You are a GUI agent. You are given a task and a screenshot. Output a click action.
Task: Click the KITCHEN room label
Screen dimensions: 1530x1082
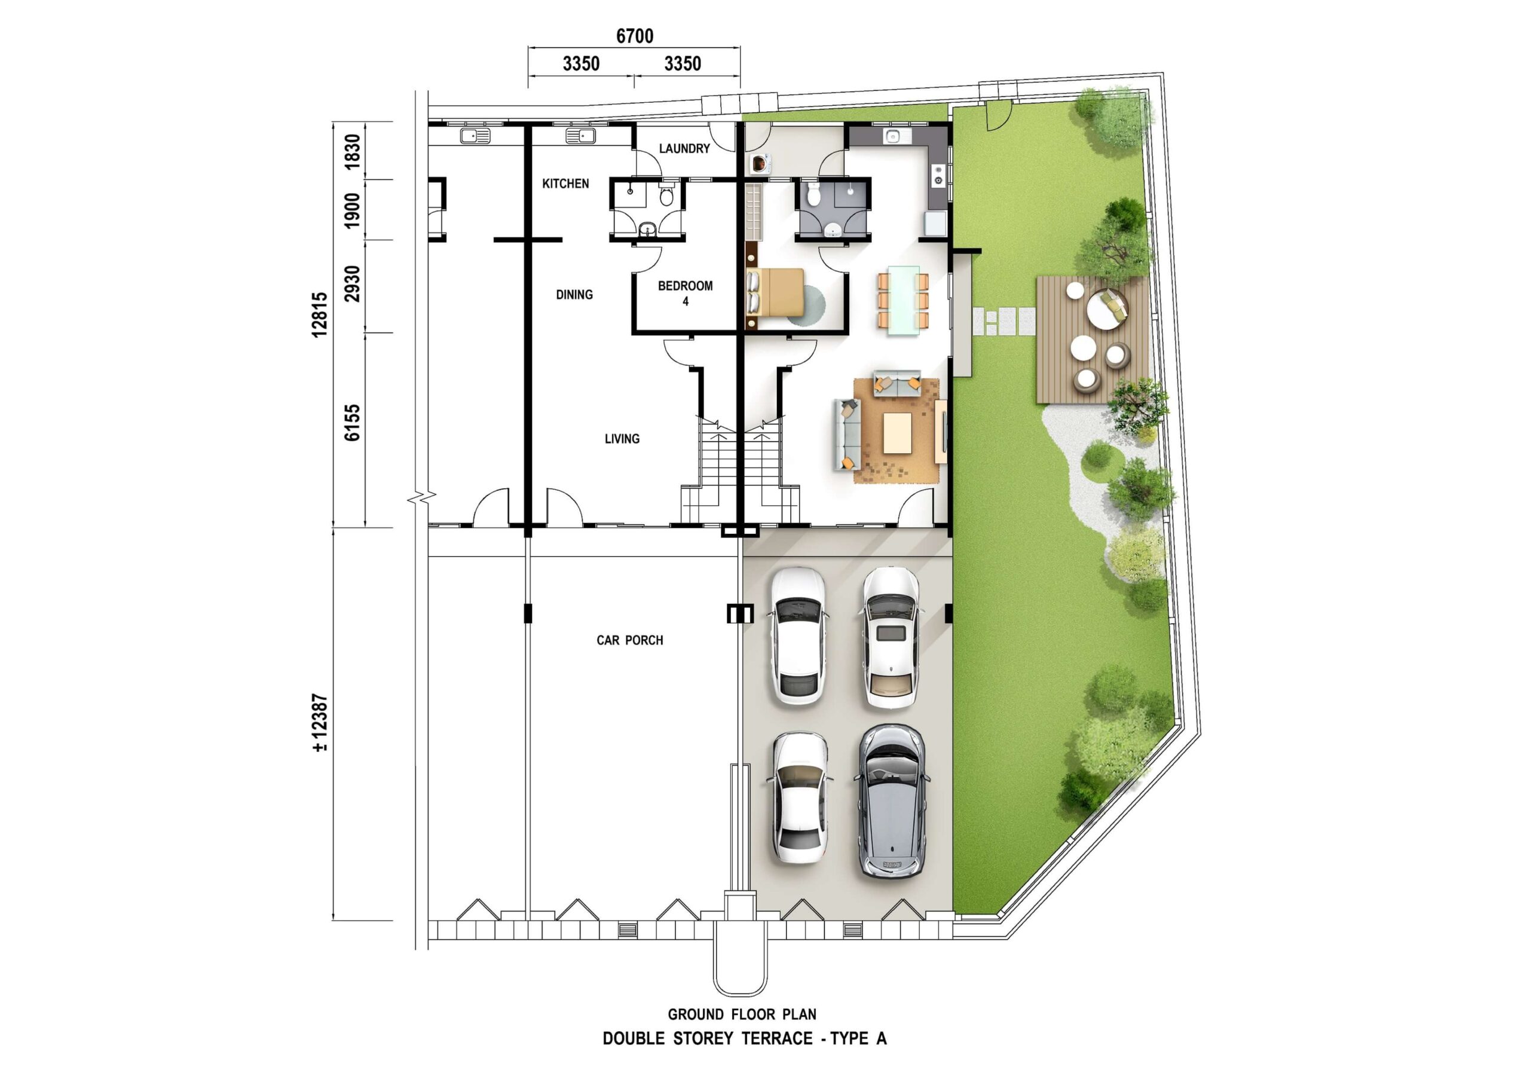[565, 184]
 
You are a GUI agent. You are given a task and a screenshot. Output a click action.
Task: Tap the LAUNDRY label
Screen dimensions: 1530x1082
[684, 148]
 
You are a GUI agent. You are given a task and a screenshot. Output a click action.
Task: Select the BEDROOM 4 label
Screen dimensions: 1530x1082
[685, 294]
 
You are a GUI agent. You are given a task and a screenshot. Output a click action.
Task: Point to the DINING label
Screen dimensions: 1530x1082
[574, 294]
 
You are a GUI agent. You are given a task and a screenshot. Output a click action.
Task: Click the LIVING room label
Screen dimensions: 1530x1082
[622, 439]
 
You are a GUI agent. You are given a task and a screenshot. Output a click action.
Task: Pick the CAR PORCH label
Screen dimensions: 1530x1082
[630, 640]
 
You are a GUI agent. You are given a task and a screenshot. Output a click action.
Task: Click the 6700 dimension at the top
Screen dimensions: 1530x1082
[634, 36]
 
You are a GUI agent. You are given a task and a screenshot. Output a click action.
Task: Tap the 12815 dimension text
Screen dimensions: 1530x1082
[319, 314]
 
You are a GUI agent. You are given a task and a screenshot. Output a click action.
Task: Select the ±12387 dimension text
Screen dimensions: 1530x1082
[319, 723]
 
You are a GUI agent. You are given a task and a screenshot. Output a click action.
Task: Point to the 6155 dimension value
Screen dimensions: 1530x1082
[352, 423]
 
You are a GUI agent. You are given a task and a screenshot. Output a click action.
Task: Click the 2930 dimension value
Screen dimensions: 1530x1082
[352, 284]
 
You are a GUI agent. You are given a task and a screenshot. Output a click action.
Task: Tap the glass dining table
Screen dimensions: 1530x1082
[903, 301]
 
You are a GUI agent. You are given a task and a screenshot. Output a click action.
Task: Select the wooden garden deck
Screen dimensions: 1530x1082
[1093, 340]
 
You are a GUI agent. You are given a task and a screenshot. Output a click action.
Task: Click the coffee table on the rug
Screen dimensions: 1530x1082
[898, 433]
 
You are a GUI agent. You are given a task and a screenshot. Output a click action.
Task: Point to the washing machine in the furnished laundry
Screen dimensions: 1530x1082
[760, 163]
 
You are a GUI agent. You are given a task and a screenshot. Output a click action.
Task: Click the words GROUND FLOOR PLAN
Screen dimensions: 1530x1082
[742, 1014]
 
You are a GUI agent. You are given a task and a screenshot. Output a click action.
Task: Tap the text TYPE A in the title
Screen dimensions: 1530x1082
[858, 1039]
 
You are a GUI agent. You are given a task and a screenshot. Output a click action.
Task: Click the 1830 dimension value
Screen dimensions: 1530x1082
[352, 152]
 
